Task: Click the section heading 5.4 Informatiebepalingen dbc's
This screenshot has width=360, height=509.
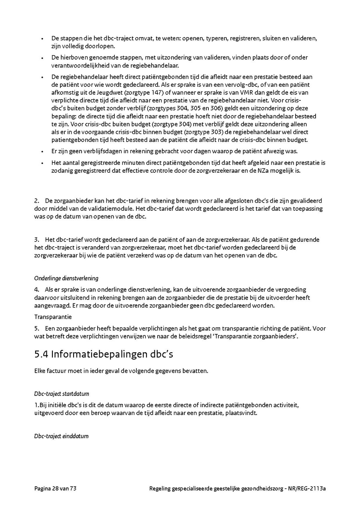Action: click(104, 354)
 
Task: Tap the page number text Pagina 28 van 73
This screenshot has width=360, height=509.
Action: click(55, 488)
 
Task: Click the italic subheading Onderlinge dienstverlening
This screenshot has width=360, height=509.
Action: click(66, 278)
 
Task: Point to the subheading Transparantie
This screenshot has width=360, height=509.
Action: click(53, 317)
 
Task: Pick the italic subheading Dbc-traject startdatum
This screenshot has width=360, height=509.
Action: click(62, 394)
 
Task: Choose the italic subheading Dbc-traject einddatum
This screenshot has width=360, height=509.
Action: click(61, 436)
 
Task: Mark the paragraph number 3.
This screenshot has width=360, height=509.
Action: click(36, 240)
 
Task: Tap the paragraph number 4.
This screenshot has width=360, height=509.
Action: click(36, 289)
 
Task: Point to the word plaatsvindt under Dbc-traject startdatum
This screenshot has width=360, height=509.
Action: click(242, 413)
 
